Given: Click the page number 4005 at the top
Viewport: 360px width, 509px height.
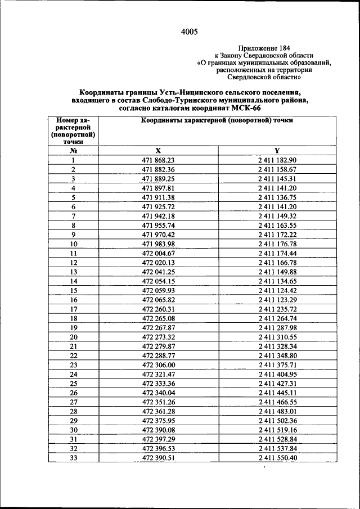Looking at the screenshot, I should click(x=189, y=32).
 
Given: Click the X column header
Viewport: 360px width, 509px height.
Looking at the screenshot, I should click(x=158, y=151).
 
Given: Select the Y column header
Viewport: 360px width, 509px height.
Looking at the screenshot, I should click(x=277, y=151).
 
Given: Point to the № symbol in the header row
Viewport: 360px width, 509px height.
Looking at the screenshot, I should click(x=73, y=151).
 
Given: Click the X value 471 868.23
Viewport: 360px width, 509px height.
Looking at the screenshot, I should click(x=159, y=160).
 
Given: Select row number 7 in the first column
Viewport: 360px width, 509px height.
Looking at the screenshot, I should click(x=73, y=216).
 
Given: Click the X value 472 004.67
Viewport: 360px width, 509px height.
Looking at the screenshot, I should click(x=159, y=253).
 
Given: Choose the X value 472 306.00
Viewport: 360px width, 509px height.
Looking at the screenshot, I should click(x=159, y=364).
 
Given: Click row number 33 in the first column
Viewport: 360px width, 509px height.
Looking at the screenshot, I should click(x=73, y=458).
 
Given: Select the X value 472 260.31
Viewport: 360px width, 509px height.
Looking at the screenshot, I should click(x=159, y=309).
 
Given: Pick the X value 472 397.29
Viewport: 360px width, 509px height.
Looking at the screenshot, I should click(x=159, y=439).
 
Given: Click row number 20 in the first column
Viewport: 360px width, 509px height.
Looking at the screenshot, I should click(x=73, y=337).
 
